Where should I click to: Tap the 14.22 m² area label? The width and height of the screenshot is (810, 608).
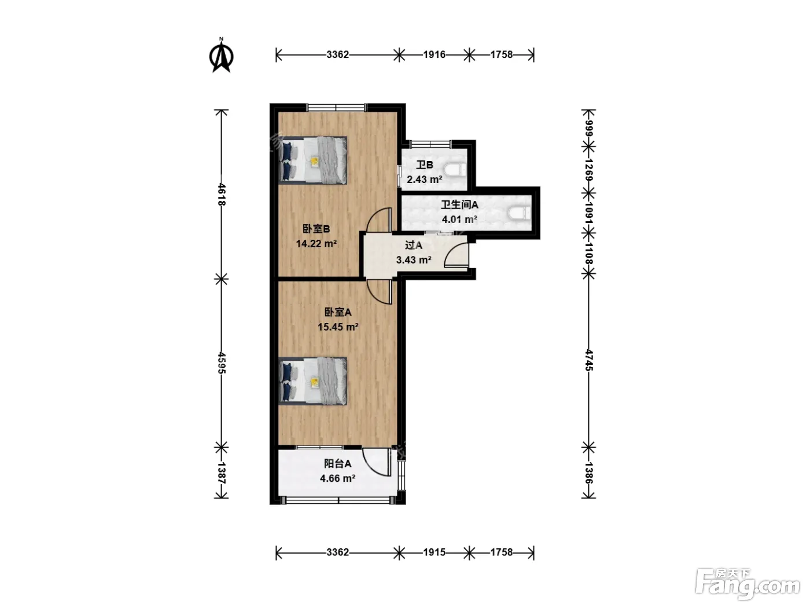click(316, 244)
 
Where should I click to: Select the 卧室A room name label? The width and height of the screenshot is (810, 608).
click(338, 312)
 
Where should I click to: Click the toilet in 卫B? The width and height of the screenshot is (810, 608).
click(455, 170)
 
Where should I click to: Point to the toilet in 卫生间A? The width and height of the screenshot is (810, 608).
click(520, 213)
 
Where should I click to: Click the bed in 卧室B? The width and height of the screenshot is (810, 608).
click(313, 160)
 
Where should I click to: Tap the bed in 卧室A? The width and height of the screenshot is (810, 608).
click(313, 381)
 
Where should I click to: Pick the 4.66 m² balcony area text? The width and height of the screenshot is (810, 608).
click(338, 478)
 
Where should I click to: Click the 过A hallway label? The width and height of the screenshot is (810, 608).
click(413, 245)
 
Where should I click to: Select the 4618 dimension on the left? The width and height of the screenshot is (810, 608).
click(222, 194)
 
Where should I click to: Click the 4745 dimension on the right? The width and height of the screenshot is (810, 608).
click(588, 360)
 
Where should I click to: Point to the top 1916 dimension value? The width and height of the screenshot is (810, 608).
click(435, 54)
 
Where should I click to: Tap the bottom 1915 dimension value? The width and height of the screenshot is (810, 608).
click(435, 552)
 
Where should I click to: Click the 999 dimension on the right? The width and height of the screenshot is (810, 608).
click(588, 129)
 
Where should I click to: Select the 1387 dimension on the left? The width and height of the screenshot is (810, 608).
click(222, 473)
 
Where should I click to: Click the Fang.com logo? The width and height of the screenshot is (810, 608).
click(748, 584)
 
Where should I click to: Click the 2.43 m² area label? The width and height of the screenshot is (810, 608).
click(424, 180)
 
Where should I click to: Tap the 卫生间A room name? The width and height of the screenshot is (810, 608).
click(459, 204)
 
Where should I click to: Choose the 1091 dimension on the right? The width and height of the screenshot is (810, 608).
click(588, 213)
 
